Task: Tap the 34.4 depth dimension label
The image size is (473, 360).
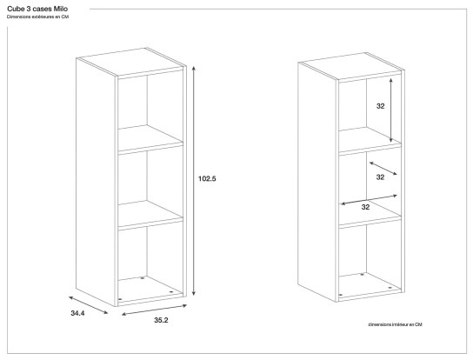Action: point(79,313)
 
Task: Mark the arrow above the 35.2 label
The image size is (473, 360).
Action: point(155,309)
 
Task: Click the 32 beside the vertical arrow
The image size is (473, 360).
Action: point(380,106)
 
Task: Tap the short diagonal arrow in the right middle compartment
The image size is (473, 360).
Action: point(383,167)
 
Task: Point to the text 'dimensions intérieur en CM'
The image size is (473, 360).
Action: point(395,324)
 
